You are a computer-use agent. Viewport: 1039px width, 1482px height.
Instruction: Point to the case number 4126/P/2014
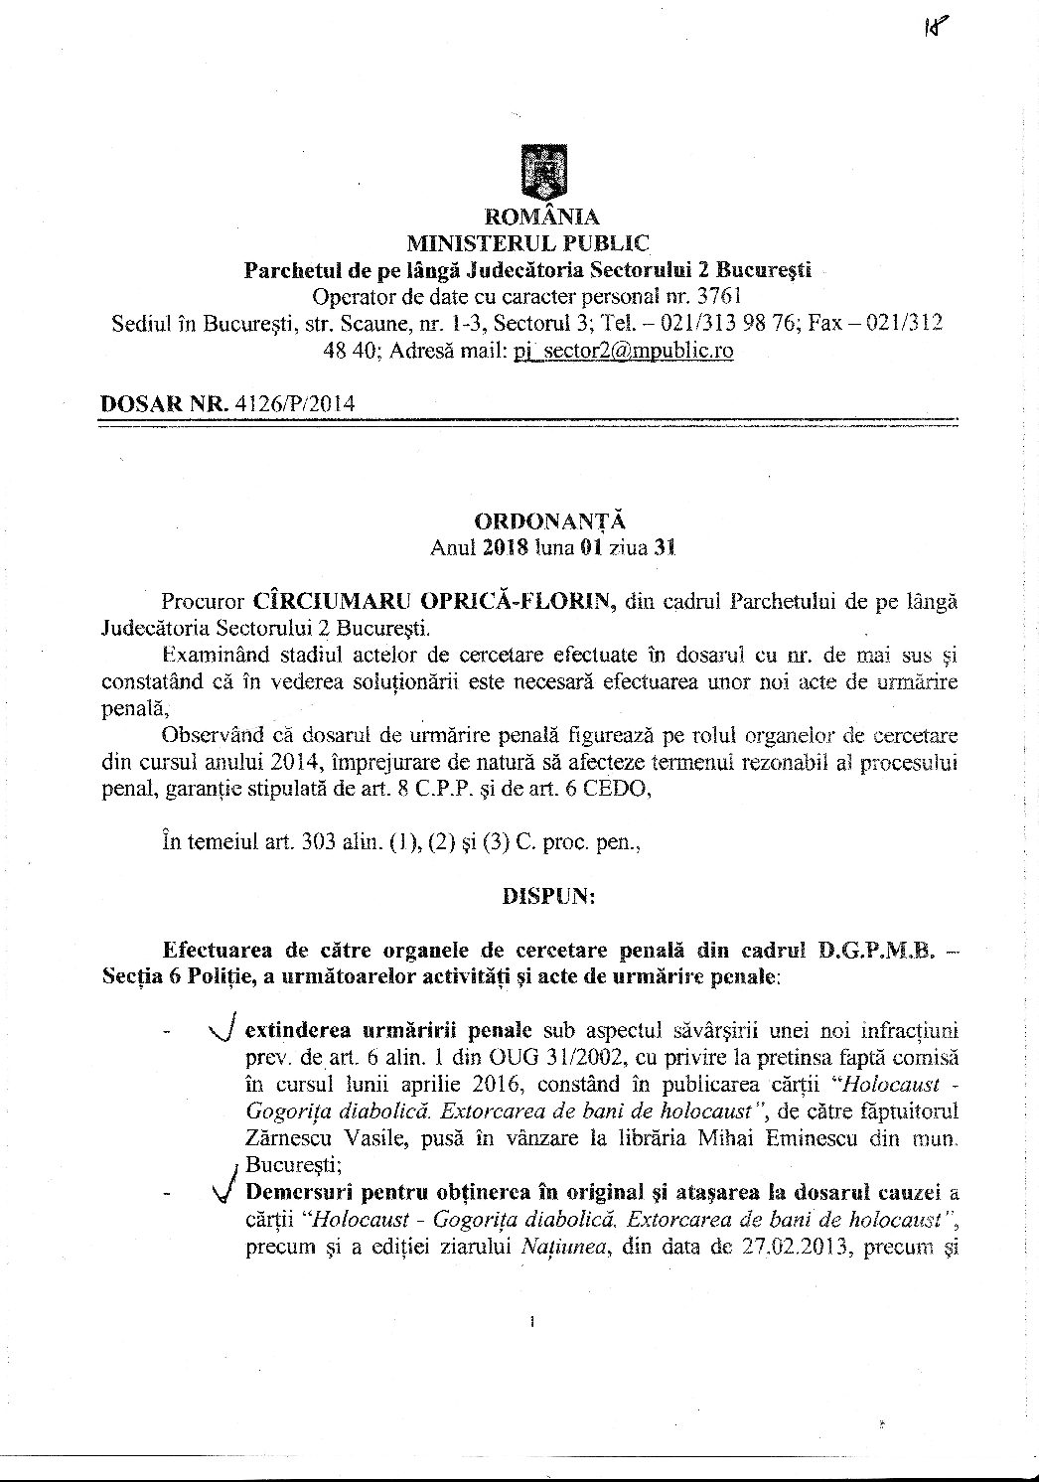295,401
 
